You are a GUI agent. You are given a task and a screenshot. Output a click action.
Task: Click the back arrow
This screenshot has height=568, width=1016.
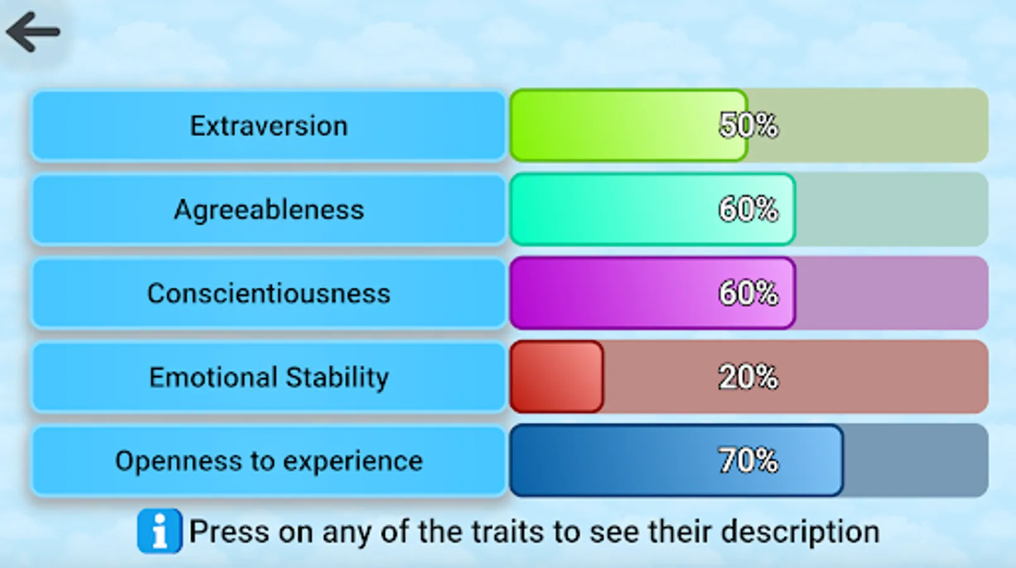33,32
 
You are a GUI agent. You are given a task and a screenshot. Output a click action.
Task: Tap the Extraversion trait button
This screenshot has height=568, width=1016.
269,126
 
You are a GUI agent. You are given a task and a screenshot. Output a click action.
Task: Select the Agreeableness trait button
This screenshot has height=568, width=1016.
269,210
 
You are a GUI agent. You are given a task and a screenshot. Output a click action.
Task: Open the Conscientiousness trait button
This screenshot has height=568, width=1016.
269,293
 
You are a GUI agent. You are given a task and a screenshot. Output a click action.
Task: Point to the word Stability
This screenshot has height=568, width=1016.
337,378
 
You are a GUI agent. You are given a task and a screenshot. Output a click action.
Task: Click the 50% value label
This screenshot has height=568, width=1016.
749,126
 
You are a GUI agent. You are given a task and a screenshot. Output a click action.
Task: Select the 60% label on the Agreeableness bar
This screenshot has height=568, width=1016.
749,210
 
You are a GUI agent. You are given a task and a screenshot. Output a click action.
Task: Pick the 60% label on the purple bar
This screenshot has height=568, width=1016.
749,293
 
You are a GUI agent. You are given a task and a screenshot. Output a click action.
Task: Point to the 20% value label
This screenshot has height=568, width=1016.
749,377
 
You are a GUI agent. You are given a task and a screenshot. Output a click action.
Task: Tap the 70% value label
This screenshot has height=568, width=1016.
749,460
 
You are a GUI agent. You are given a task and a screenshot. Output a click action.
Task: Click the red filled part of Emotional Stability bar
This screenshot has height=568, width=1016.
557,377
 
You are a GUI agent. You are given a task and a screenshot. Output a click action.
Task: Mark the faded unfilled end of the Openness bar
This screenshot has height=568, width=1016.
916,460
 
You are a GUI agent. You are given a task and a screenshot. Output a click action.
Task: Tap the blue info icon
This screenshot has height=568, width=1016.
160,531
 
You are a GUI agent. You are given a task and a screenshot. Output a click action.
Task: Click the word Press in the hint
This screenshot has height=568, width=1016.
228,531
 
